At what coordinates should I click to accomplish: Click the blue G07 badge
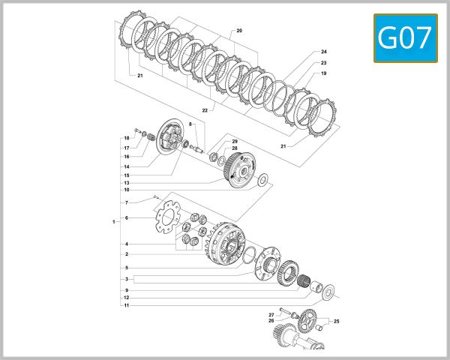(404, 38)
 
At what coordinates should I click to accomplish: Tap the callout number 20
(239, 31)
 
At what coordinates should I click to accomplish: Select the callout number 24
(323, 52)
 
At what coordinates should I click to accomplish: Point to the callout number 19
(323, 73)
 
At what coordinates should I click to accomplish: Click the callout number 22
(204, 110)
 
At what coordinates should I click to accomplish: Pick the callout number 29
(234, 142)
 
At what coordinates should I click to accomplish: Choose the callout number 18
(127, 139)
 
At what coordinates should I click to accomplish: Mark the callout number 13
(127, 183)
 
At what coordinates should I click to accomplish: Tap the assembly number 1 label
(113, 222)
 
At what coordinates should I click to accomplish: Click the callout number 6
(127, 217)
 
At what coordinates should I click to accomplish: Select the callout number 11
(127, 305)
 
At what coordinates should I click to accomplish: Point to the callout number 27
(271, 314)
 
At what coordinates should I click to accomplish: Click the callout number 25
(336, 322)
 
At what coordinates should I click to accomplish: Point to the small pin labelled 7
(154, 197)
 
